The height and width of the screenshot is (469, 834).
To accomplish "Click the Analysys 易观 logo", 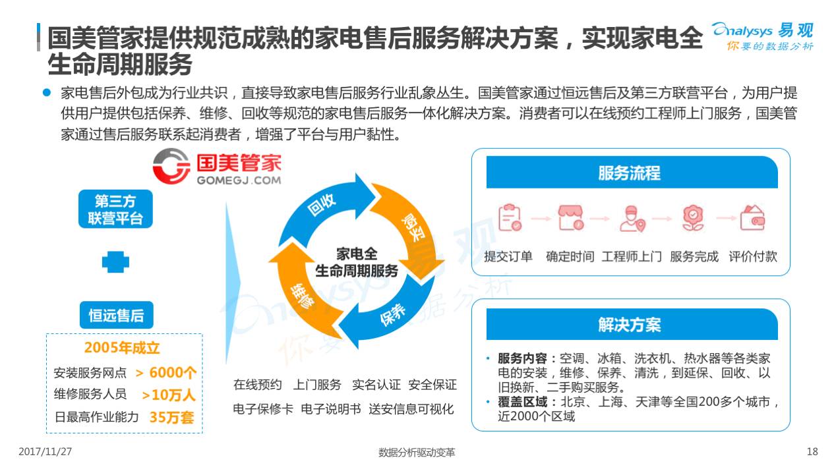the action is (x=762, y=36).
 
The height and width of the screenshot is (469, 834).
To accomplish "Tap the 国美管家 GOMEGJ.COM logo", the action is (x=216, y=167).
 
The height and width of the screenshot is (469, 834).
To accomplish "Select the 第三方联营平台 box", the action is (x=115, y=209).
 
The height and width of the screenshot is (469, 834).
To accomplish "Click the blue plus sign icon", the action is (x=115, y=263).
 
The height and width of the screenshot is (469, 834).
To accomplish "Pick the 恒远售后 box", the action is (x=115, y=315).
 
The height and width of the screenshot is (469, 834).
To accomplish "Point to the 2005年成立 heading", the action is (x=122, y=348).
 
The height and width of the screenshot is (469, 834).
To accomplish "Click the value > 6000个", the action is (x=166, y=372).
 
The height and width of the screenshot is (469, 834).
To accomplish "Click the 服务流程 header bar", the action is (x=630, y=173).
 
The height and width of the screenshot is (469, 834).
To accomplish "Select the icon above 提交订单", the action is (x=509, y=218).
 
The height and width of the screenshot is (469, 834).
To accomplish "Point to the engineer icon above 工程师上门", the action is (x=631, y=218).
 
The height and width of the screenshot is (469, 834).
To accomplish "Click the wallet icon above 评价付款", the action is (x=752, y=218).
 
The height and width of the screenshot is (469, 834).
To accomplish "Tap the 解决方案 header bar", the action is (x=630, y=324).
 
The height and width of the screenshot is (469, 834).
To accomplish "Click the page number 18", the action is (x=812, y=452).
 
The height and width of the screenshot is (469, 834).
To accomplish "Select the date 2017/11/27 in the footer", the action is (x=45, y=452).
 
